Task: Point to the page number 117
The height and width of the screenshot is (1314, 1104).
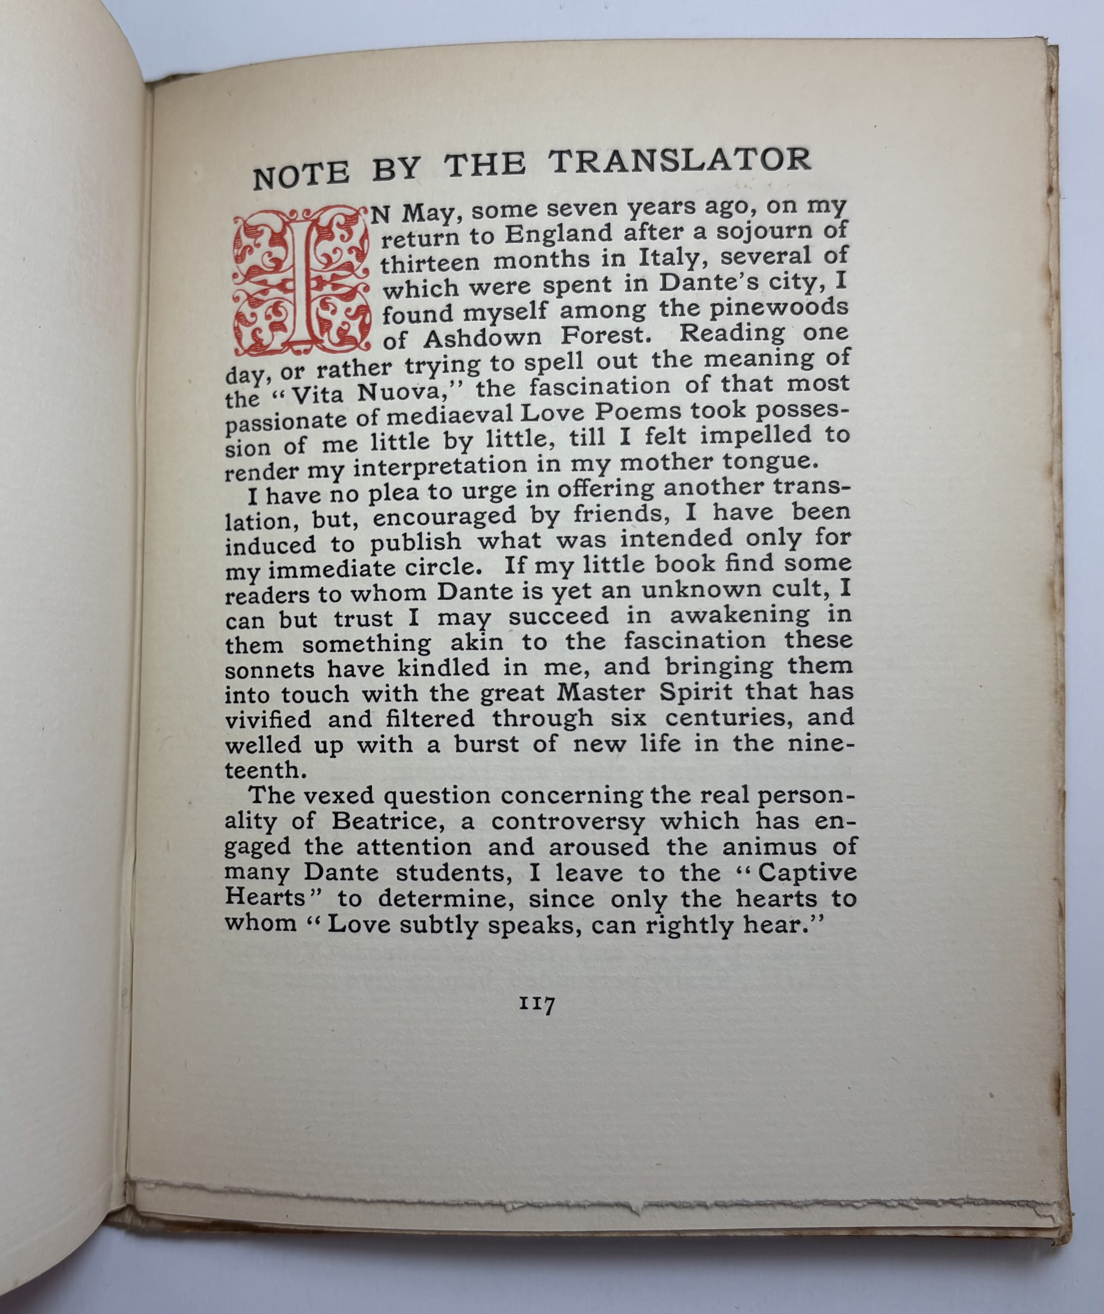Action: (536, 1004)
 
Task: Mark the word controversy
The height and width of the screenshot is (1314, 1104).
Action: (567, 821)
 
